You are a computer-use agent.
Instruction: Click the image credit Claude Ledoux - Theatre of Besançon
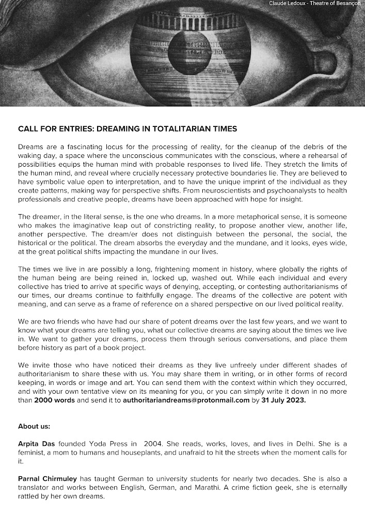pos(315,4)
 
